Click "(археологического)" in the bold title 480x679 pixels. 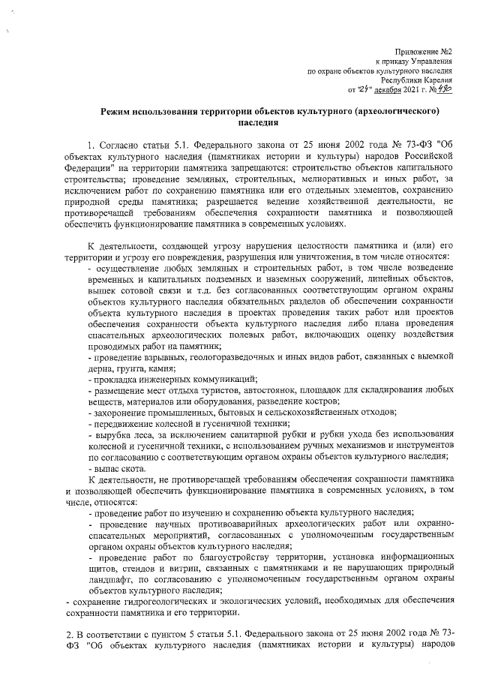click(394, 111)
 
